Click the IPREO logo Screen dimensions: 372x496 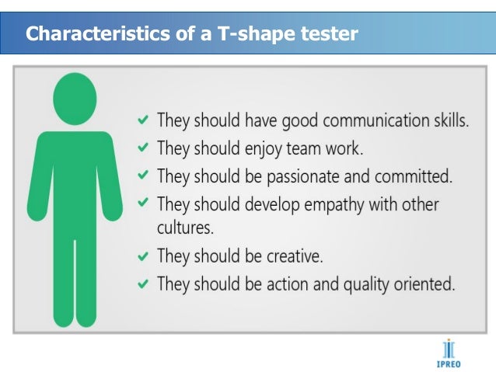tap(449, 352)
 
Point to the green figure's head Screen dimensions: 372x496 tap(75, 99)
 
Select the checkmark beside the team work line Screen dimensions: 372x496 tap(143, 148)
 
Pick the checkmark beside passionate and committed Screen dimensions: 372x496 tap(143, 176)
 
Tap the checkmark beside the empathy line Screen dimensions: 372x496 tap(143, 203)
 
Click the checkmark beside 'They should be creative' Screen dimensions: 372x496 tap(143, 256)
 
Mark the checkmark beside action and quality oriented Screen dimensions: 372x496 tap(143, 283)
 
